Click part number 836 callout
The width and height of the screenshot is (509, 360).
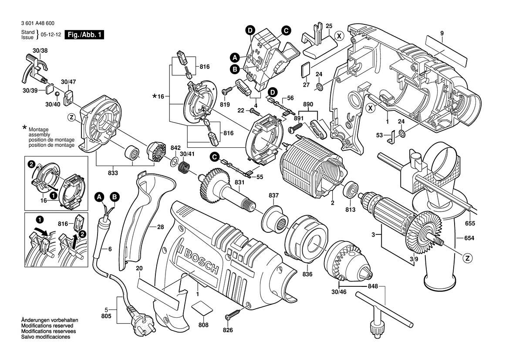coord(308,274)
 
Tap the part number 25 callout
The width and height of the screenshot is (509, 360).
coord(329,26)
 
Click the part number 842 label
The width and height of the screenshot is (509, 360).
coord(175,148)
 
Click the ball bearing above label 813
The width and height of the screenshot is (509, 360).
coord(351,190)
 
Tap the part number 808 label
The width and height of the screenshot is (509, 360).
coord(203,325)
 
